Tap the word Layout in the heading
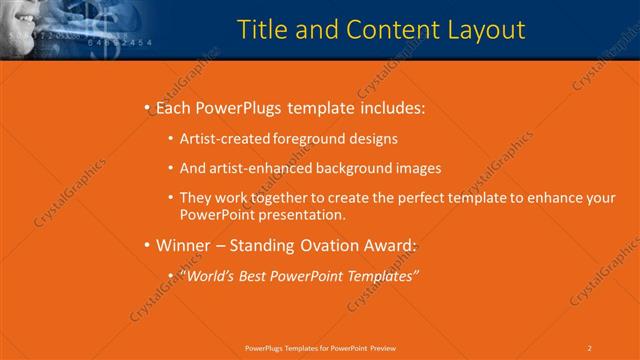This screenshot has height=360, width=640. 481,30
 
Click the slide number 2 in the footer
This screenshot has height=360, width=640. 590,347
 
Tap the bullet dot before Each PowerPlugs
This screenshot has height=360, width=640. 147,107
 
